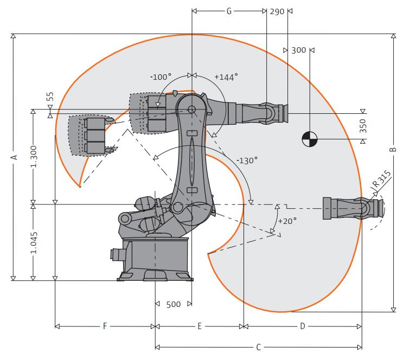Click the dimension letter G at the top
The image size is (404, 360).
pyautogui.click(x=229, y=11)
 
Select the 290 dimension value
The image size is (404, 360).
pyautogui.click(x=277, y=11)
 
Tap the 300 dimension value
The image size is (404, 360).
pyautogui.click(x=299, y=50)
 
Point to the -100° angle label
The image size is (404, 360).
pyautogui.click(x=161, y=77)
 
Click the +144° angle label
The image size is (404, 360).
pyautogui.click(x=226, y=77)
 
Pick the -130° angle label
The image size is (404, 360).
pyautogui.click(x=247, y=160)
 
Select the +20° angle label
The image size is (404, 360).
pyautogui.click(x=287, y=221)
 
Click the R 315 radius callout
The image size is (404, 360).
pyautogui.click(x=382, y=178)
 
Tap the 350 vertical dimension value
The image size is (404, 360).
pyautogui.click(x=363, y=126)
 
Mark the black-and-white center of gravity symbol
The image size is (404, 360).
pyautogui.click(x=310, y=139)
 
